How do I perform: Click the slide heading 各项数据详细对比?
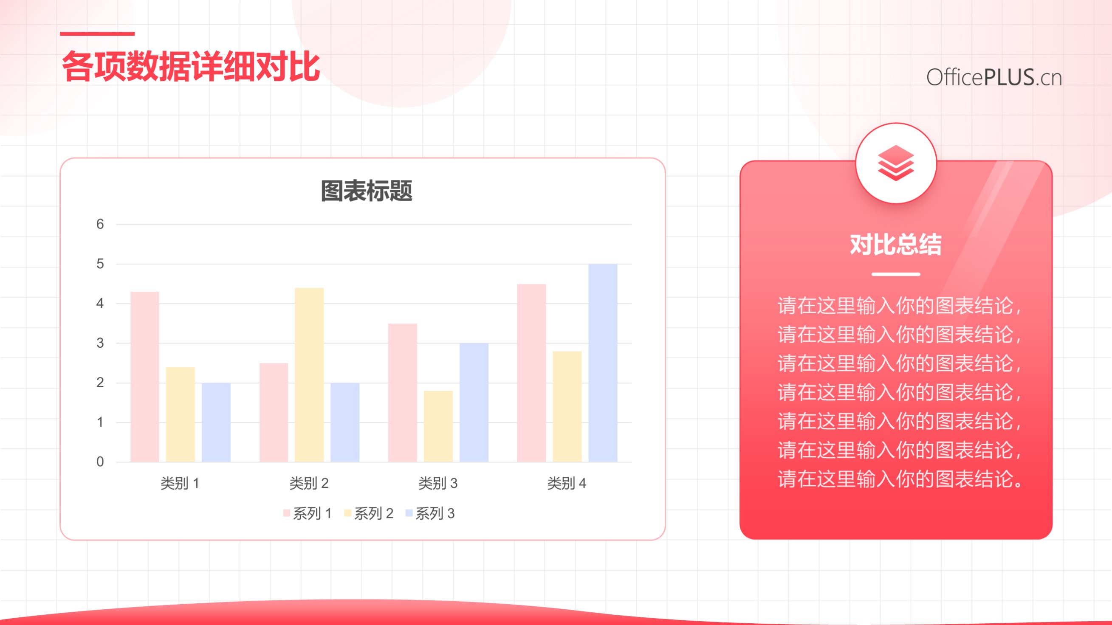tap(191, 66)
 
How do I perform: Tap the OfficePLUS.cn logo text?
tap(994, 77)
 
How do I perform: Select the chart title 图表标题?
tap(367, 191)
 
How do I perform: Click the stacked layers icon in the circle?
tap(896, 163)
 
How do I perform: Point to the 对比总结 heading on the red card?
tap(896, 244)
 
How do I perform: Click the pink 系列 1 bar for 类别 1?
tap(144, 377)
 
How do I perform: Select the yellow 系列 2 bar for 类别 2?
tap(309, 374)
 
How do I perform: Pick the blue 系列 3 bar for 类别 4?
tap(603, 363)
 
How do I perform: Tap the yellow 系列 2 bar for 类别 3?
tap(438, 426)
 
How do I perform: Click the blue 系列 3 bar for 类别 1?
tap(216, 422)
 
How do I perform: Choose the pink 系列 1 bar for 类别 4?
tap(531, 373)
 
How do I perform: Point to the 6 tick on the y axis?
tap(100, 224)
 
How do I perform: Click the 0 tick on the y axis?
tap(100, 462)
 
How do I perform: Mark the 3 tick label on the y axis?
tap(100, 343)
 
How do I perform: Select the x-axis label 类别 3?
tap(438, 484)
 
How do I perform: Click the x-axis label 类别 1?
tap(180, 484)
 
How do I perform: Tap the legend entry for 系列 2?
tap(369, 513)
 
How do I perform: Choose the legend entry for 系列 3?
tap(430, 513)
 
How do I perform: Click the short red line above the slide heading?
tap(97, 33)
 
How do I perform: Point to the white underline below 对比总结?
tap(896, 274)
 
